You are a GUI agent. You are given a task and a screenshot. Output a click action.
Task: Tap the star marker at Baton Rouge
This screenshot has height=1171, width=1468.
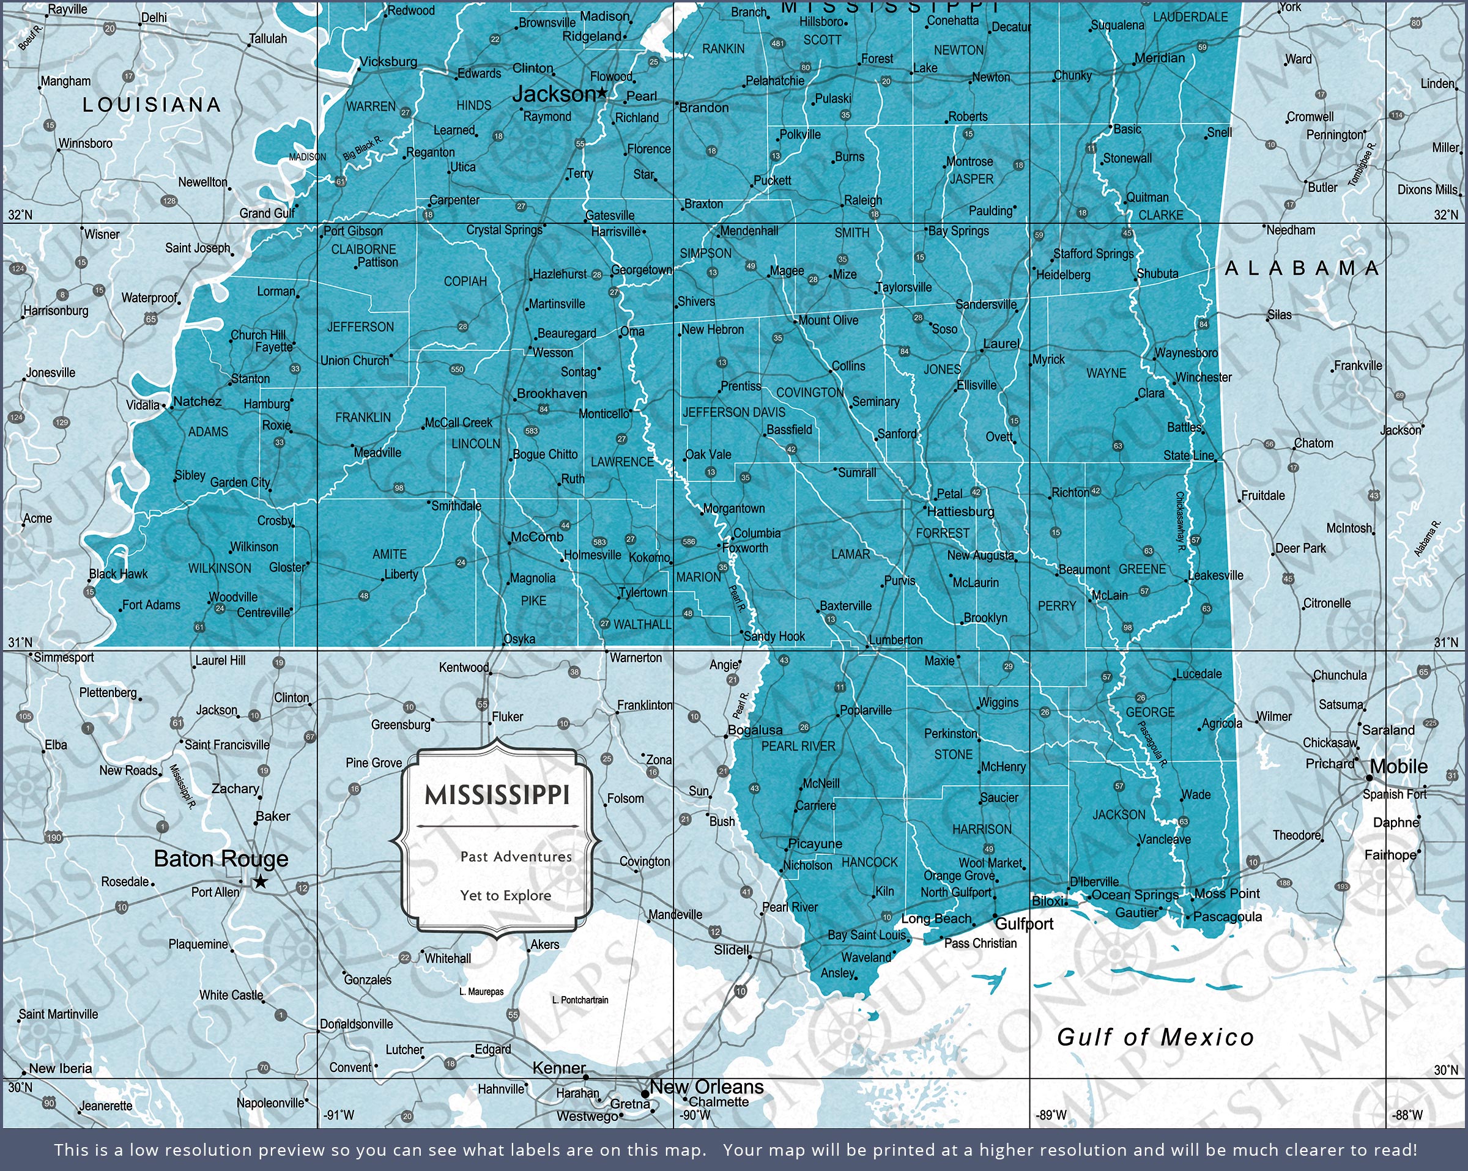coord(260,882)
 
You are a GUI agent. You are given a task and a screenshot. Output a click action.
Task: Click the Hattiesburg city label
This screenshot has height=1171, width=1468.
coord(961,511)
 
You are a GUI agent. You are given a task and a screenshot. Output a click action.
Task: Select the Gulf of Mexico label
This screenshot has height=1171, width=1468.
coord(1155,1037)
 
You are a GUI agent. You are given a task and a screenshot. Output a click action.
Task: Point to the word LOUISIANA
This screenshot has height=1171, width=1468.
coord(152,105)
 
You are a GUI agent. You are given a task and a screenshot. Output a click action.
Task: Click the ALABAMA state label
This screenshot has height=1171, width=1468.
coord(1301,268)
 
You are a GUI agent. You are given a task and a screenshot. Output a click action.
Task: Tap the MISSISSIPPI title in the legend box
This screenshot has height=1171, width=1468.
coord(497,794)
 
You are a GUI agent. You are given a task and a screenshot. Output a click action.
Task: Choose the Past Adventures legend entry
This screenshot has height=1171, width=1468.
coord(516,857)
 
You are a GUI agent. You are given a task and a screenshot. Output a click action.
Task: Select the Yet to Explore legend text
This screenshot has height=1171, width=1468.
coord(505,895)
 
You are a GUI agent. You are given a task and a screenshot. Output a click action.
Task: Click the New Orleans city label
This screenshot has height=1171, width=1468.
coord(706,1087)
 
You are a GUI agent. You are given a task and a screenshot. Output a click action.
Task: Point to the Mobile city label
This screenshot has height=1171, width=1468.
coord(1398,767)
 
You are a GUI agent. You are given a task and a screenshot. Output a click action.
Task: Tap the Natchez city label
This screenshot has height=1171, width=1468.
coord(198,402)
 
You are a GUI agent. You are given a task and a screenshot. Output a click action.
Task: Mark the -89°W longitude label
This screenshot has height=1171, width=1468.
coord(1051,1115)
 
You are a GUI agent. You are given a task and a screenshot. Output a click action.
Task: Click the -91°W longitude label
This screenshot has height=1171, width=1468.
coord(338,1115)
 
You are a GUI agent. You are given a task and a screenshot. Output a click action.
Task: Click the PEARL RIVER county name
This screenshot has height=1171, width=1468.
coord(798,746)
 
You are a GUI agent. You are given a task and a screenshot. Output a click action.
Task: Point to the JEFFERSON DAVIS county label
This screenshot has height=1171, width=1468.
coord(734,413)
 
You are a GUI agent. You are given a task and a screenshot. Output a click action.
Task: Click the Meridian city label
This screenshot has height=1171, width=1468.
coord(1160,58)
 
